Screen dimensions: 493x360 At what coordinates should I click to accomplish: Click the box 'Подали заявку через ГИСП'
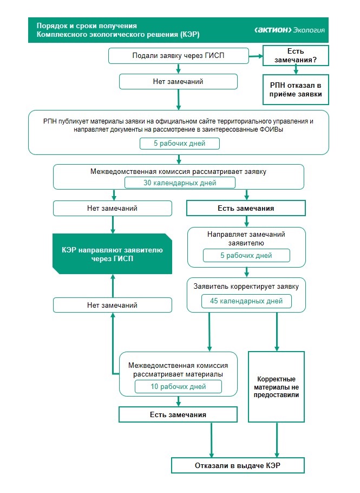click(x=178, y=55)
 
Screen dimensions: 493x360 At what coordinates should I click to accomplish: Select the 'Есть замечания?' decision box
click(x=296, y=55)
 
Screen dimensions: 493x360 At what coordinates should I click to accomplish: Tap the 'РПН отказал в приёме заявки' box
click(x=296, y=89)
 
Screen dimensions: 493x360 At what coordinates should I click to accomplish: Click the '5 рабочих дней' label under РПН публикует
click(x=180, y=144)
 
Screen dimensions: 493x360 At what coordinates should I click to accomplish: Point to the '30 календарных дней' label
click(x=180, y=183)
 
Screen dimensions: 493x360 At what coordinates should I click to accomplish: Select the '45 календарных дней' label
click(x=246, y=301)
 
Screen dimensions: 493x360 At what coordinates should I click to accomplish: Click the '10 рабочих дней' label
click(x=178, y=386)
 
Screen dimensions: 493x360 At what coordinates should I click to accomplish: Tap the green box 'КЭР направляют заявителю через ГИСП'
click(x=112, y=254)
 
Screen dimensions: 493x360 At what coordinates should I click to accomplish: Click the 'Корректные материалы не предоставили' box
click(x=277, y=386)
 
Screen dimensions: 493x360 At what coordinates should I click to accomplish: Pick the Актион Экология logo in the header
click(x=290, y=30)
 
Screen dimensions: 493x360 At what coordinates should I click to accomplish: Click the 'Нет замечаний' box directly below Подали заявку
click(x=178, y=82)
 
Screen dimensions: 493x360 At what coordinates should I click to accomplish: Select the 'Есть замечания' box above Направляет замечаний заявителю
click(x=246, y=208)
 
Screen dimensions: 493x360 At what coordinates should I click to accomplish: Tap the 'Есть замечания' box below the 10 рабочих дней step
click(x=178, y=414)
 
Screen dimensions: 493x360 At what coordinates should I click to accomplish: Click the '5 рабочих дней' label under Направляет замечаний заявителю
click(x=246, y=255)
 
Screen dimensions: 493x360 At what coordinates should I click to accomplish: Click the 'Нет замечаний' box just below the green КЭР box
click(x=112, y=305)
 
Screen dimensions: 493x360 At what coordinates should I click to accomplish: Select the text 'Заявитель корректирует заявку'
click(x=246, y=286)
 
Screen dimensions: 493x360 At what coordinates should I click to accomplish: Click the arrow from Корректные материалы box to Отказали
click(x=277, y=439)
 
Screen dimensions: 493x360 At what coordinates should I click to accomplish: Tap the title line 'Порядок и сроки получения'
click(x=87, y=25)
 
